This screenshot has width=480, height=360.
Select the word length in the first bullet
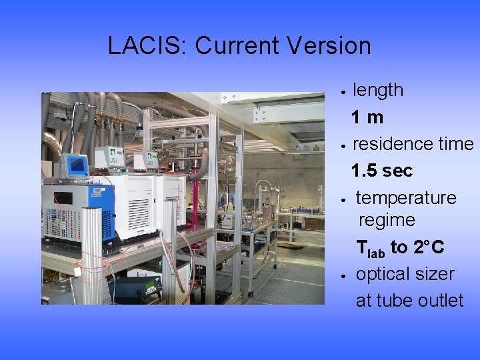(377, 90)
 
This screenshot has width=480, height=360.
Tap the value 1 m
(367, 117)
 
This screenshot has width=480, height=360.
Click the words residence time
(413, 144)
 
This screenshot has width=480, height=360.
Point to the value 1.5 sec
(382, 171)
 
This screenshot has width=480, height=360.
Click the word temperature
(406, 198)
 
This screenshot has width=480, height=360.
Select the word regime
(387, 220)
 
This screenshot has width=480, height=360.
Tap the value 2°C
(428, 247)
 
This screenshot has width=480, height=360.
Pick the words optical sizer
(405, 274)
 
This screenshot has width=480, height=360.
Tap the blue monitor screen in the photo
(77, 165)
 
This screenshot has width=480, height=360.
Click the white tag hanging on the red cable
(78, 271)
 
